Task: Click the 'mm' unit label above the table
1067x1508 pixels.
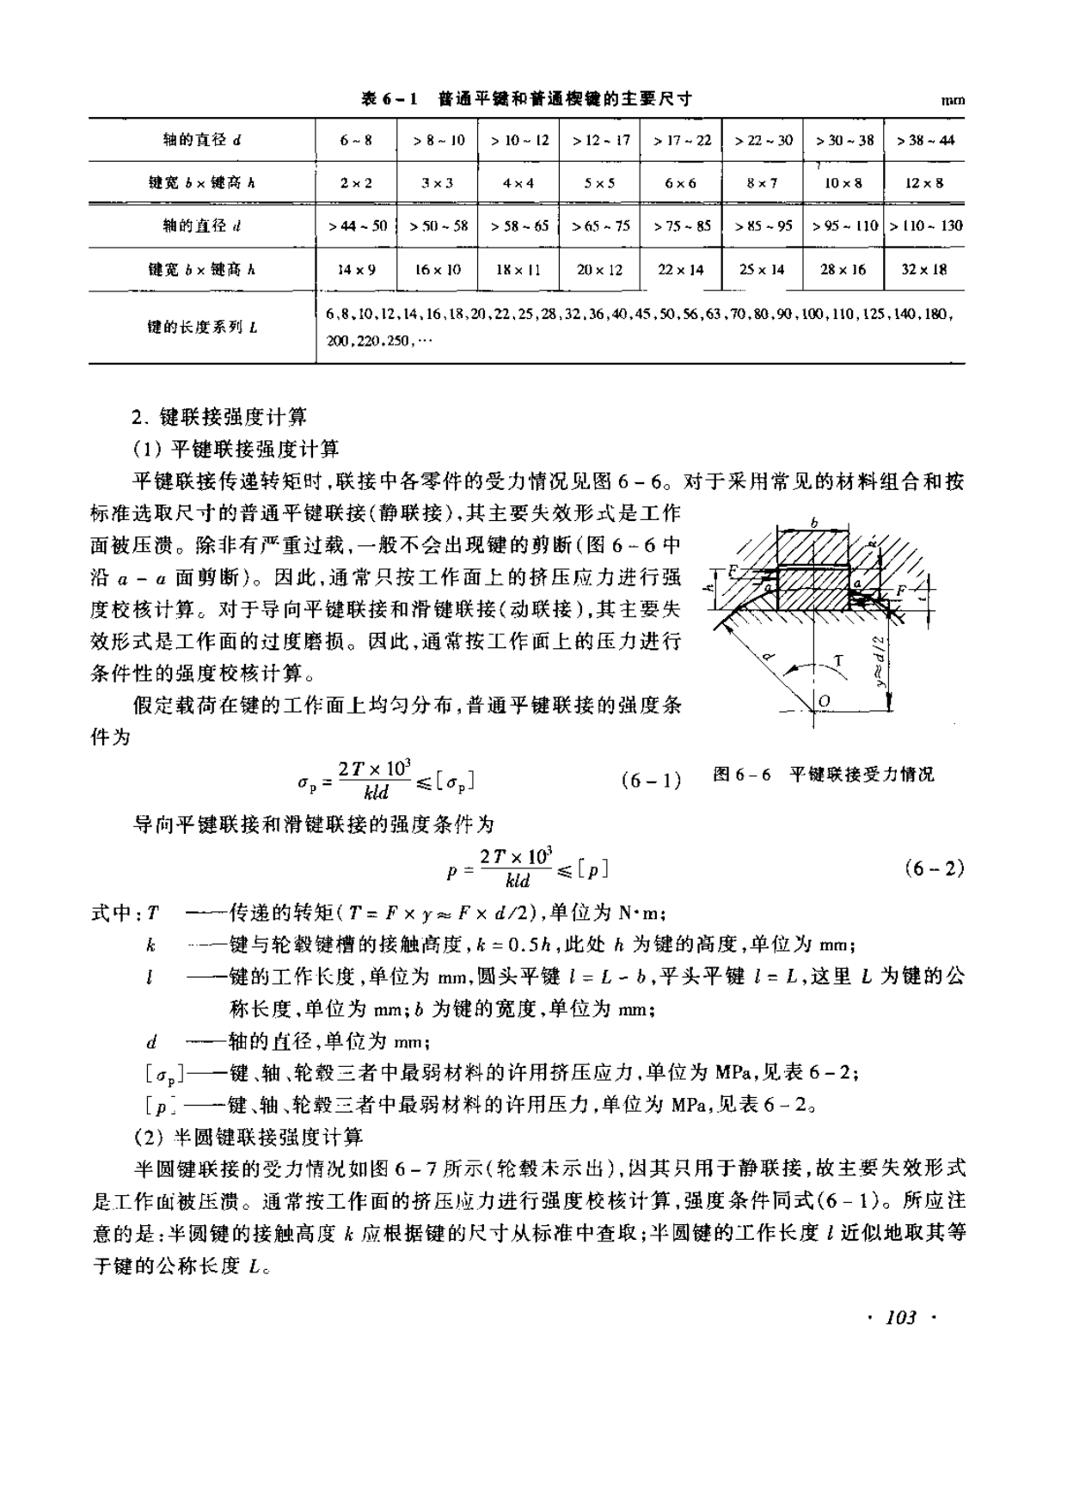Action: click(953, 101)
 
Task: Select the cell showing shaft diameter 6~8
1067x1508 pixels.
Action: click(356, 140)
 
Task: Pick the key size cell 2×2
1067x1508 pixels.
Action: click(356, 183)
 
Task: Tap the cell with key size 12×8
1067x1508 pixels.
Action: click(924, 183)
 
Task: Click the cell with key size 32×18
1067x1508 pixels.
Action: click(924, 270)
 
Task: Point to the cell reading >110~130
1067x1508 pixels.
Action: click(925, 226)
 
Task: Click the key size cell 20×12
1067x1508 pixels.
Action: click(599, 270)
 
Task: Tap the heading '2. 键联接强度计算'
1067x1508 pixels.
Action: click(220, 418)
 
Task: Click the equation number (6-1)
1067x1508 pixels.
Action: click(650, 781)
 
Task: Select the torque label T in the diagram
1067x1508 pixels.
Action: click(838, 660)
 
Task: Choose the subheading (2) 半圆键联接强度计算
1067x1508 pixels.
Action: click(248, 1137)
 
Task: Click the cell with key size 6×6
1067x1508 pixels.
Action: click(680, 183)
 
